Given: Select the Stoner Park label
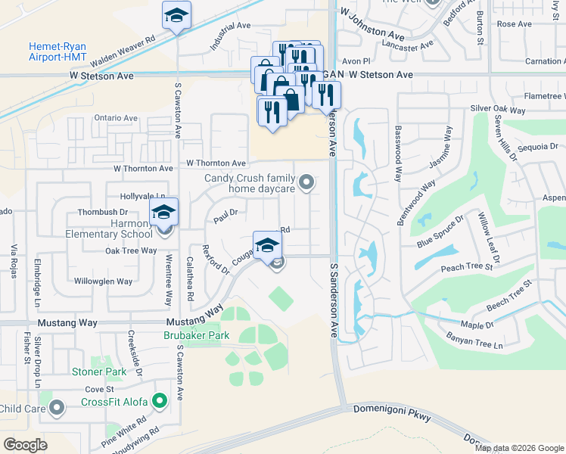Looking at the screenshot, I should pos(99,372).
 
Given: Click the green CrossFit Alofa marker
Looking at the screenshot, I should pos(160,401).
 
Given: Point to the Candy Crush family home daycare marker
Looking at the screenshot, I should pos(306,182).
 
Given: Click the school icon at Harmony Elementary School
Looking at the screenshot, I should pos(163,213).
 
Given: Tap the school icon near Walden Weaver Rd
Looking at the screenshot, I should pos(176,16).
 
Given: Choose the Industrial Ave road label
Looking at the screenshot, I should pos(230,36).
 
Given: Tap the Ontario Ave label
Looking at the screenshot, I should pos(116,118).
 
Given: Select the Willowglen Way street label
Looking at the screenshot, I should pos(103,281).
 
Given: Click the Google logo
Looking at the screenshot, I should pos(26,444).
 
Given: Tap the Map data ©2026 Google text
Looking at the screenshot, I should pos(519,448).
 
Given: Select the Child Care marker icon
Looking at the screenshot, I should pos(57,409).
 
